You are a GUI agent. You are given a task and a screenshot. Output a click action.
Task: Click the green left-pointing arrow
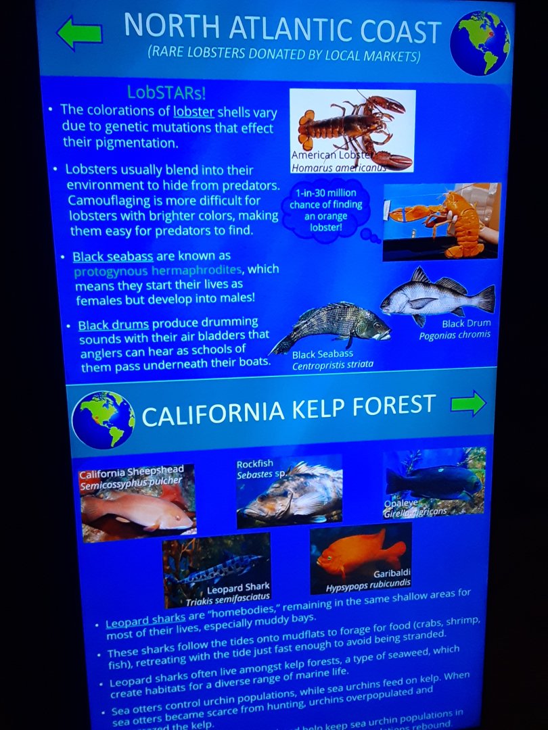click(x=79, y=32)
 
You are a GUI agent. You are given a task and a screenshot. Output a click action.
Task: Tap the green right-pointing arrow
click(x=468, y=403)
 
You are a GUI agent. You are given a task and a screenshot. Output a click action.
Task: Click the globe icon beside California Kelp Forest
click(x=103, y=420)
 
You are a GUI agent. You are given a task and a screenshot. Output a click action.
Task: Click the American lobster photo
click(x=352, y=130)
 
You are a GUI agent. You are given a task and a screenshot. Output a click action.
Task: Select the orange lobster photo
click(x=441, y=221)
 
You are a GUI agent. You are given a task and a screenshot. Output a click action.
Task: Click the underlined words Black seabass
click(x=113, y=257)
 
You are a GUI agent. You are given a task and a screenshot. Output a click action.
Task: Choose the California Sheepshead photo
click(x=138, y=503)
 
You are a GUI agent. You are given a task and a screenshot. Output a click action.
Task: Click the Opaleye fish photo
click(x=434, y=481)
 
